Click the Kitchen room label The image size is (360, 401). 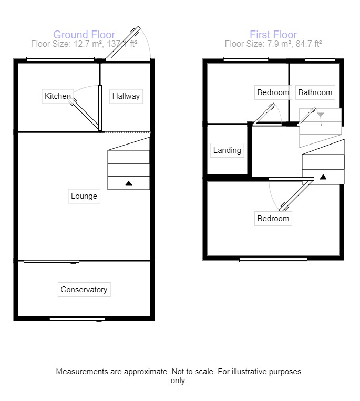[58, 96]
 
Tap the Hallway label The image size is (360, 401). [126, 96]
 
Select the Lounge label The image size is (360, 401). [84, 196]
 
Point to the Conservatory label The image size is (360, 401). [84, 290]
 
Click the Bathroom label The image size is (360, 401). [315, 92]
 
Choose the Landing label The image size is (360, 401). [227, 150]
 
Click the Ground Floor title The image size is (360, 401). [84, 35]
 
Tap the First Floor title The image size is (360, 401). [273, 35]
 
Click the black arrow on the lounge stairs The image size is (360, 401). [129, 183]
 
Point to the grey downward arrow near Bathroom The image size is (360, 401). [321, 114]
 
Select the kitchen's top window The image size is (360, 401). [53, 59]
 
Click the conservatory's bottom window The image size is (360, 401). [77, 318]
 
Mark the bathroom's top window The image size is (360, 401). [320, 59]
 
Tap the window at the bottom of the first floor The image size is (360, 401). [273, 259]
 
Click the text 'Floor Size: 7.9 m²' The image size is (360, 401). [255, 44]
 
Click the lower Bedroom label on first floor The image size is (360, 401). [273, 219]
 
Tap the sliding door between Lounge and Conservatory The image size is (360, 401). [52, 261]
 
